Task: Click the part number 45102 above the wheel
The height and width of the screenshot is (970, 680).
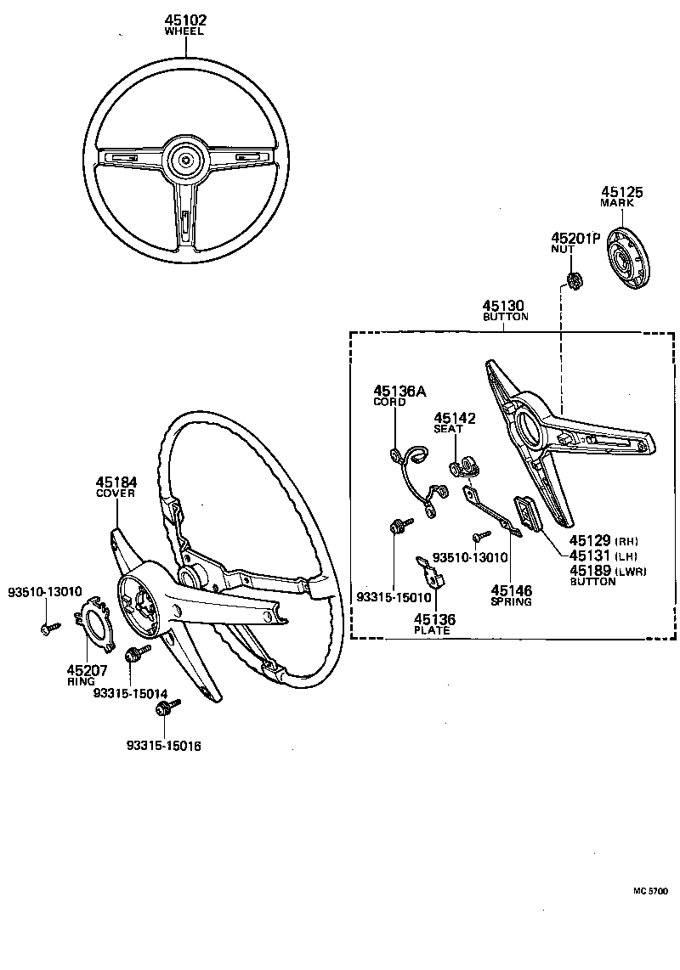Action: coord(186,20)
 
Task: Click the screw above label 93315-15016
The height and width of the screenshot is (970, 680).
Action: coord(172,708)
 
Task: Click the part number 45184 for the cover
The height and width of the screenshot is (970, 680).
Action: coord(116,482)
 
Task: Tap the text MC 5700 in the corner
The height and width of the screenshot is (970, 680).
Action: coord(649,892)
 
